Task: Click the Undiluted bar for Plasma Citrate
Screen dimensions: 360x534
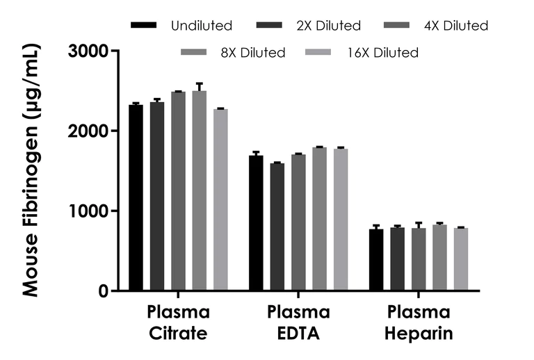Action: click(136, 198)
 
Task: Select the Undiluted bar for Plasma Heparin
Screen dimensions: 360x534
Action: click(376, 260)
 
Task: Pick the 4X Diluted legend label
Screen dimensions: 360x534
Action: click(455, 26)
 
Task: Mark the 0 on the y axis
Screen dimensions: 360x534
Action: click(103, 291)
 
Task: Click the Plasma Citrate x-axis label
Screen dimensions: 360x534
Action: click(178, 322)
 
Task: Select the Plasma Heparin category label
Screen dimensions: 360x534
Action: click(419, 322)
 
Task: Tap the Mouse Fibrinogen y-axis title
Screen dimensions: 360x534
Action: click(31, 170)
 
